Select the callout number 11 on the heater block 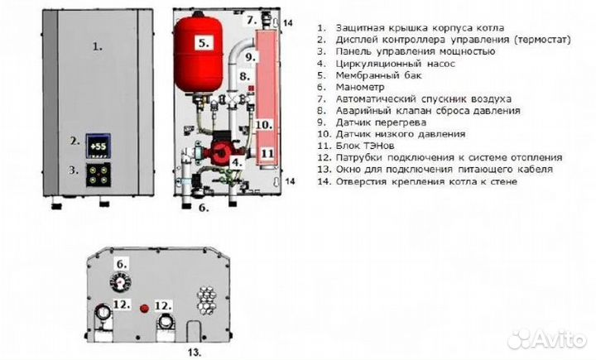pos(267,152)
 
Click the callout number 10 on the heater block pos(262,125)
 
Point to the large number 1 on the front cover pos(97,46)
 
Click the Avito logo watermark pos(546,338)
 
